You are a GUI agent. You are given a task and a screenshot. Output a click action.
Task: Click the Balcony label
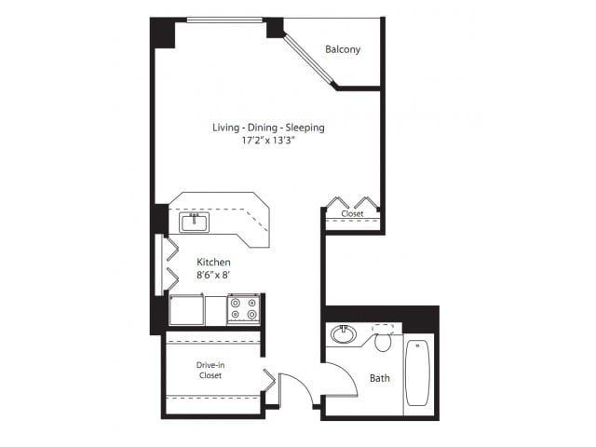click(343, 49)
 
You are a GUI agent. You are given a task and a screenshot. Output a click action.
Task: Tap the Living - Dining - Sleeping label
click(268, 128)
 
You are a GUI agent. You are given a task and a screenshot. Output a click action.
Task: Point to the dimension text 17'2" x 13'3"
click(268, 141)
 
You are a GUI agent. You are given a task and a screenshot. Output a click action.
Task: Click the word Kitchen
click(213, 262)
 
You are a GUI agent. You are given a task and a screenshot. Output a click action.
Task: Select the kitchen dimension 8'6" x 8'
click(213, 275)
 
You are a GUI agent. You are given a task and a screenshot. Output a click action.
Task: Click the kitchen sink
click(195, 223)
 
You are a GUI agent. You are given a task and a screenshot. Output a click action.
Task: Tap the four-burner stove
click(244, 309)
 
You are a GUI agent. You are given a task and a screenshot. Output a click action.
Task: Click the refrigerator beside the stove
click(186, 310)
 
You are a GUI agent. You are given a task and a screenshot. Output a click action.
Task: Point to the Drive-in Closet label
click(210, 371)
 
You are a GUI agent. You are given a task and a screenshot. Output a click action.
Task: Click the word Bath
click(380, 378)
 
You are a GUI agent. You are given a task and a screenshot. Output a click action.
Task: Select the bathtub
click(417, 372)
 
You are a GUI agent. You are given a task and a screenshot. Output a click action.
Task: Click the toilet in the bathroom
click(383, 338)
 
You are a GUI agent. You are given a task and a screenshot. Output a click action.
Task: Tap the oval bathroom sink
click(344, 334)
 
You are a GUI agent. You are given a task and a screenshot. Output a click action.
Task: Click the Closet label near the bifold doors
click(352, 213)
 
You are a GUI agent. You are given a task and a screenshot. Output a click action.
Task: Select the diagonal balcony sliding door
click(310, 61)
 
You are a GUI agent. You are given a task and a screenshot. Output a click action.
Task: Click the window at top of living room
click(224, 20)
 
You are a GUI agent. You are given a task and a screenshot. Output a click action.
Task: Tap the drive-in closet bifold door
click(269, 380)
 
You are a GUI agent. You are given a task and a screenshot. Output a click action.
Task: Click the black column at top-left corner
click(163, 33)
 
